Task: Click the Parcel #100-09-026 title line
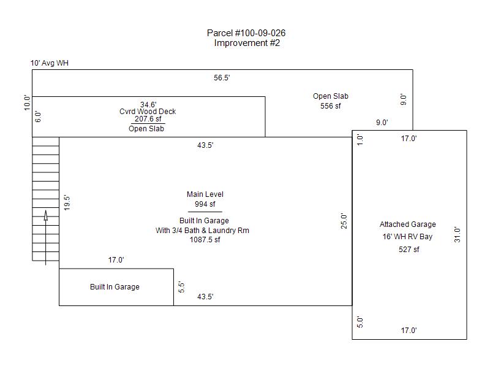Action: point(247,33)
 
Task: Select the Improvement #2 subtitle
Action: point(247,43)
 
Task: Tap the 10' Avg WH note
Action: point(50,63)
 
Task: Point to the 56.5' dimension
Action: point(222,78)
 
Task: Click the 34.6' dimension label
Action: point(148,104)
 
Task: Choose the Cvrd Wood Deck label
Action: point(148,112)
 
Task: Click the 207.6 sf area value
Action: point(148,119)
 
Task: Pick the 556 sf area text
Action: point(331,106)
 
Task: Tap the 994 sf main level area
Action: point(205,204)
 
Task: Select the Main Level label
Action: point(205,194)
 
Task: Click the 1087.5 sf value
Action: point(205,240)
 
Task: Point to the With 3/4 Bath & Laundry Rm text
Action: point(202,231)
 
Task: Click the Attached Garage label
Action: point(407,224)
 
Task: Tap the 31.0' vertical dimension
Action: point(457,235)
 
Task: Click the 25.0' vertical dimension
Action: point(344,221)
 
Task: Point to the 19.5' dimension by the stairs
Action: point(67,202)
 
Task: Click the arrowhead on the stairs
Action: point(46,214)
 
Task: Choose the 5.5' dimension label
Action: point(182,286)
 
